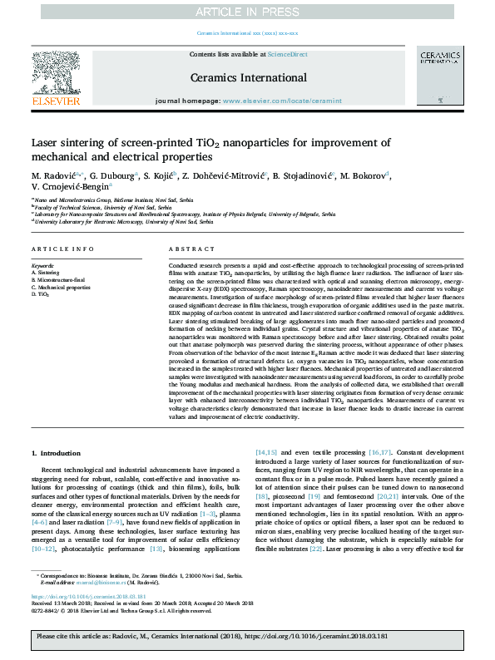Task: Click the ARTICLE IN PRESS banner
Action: [247, 11]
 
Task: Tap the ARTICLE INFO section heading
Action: [57, 249]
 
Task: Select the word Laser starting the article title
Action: [45, 142]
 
